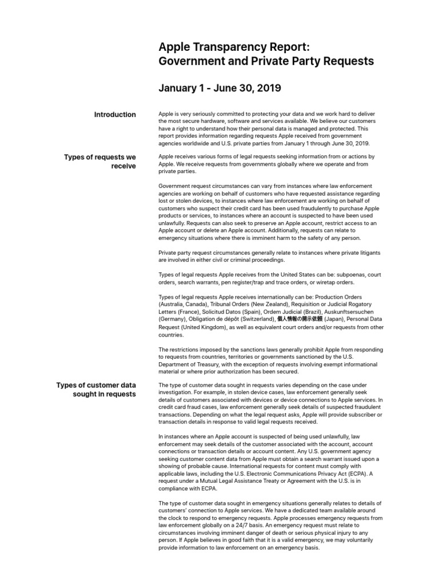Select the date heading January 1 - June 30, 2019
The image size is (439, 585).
pos(219,89)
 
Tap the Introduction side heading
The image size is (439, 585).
pos(115,115)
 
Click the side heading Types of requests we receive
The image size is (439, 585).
pos(100,162)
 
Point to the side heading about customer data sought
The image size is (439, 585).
pos(96,390)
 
